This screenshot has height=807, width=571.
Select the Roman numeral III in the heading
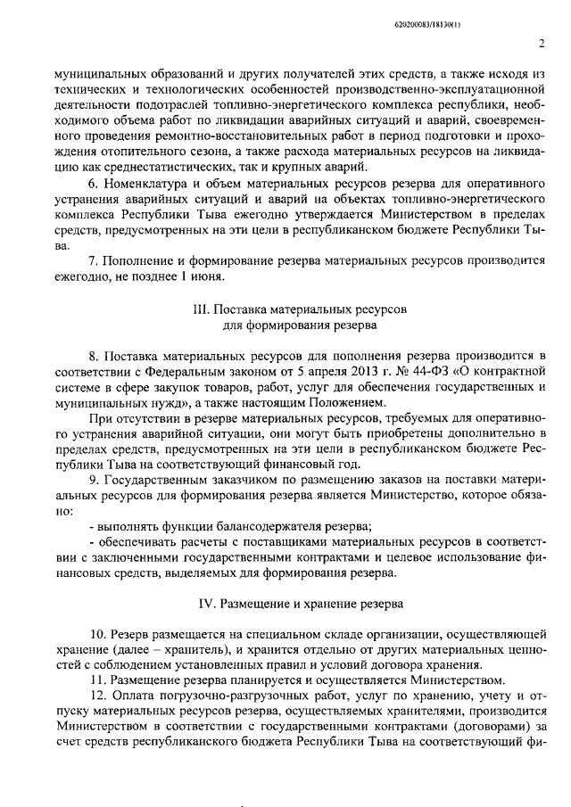[200, 309]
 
